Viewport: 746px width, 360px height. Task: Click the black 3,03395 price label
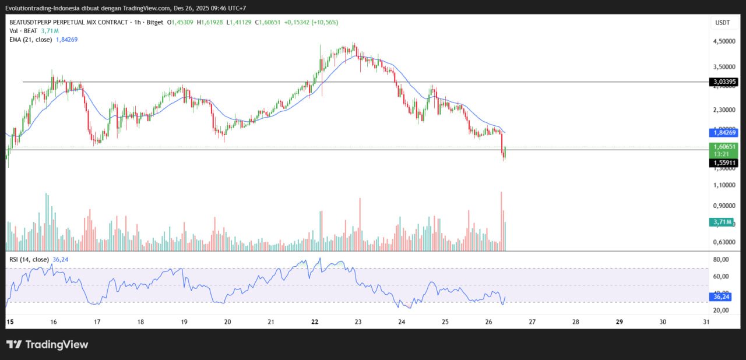tap(723, 82)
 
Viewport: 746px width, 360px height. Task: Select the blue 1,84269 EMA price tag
tap(723, 132)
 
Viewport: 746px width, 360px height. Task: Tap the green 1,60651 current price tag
tap(723, 147)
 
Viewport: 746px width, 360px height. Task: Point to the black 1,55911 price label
tap(723, 163)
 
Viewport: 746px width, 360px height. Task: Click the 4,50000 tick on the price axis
tap(723, 41)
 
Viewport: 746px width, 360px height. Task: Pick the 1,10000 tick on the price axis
tap(723, 185)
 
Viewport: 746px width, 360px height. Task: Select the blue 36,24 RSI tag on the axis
tap(722, 297)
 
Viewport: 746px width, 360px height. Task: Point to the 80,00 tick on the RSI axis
tap(722, 260)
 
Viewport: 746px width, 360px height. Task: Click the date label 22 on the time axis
tap(315, 322)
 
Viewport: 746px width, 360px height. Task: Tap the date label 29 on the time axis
tap(620, 322)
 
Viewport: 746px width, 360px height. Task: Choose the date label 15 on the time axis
tap(9, 322)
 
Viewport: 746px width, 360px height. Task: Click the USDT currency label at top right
tap(722, 22)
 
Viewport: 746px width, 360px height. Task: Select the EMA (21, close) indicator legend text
tap(30, 40)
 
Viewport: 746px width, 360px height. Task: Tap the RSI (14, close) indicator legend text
tap(29, 259)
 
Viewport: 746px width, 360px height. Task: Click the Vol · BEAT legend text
tap(24, 31)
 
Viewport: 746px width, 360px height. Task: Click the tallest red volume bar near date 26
tap(501, 221)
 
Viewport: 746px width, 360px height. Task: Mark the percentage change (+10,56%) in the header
tap(325, 22)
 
